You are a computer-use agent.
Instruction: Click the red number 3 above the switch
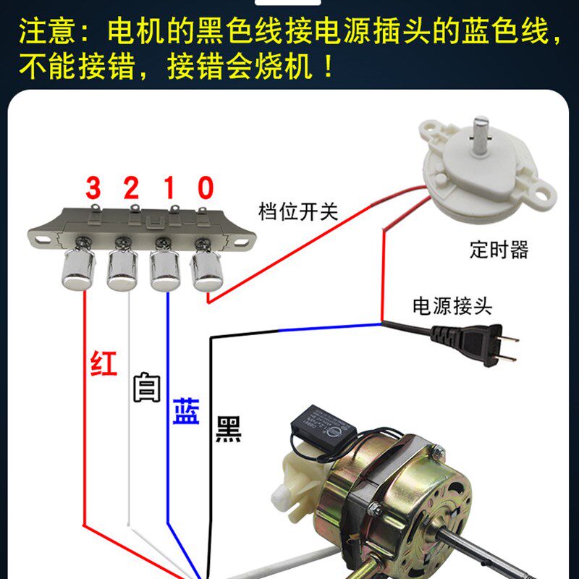tap(93, 187)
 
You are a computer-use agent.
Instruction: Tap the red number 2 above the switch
tap(131, 187)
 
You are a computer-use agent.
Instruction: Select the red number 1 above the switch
tap(169, 187)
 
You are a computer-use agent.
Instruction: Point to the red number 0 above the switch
tap(206, 187)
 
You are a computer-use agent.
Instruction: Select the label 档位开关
tap(298, 211)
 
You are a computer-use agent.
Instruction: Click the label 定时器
tap(499, 250)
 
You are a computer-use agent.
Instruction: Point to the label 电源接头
tap(452, 306)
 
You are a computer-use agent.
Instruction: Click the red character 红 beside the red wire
tap(103, 363)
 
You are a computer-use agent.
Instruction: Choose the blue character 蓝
tap(186, 410)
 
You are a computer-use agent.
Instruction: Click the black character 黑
tap(229, 429)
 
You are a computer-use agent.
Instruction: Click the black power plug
tap(475, 345)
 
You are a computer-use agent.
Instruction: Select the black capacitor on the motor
tap(324, 424)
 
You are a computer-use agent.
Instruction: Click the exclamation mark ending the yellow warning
tap(328, 67)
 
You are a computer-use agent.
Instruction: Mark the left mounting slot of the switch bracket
tap(43, 240)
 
